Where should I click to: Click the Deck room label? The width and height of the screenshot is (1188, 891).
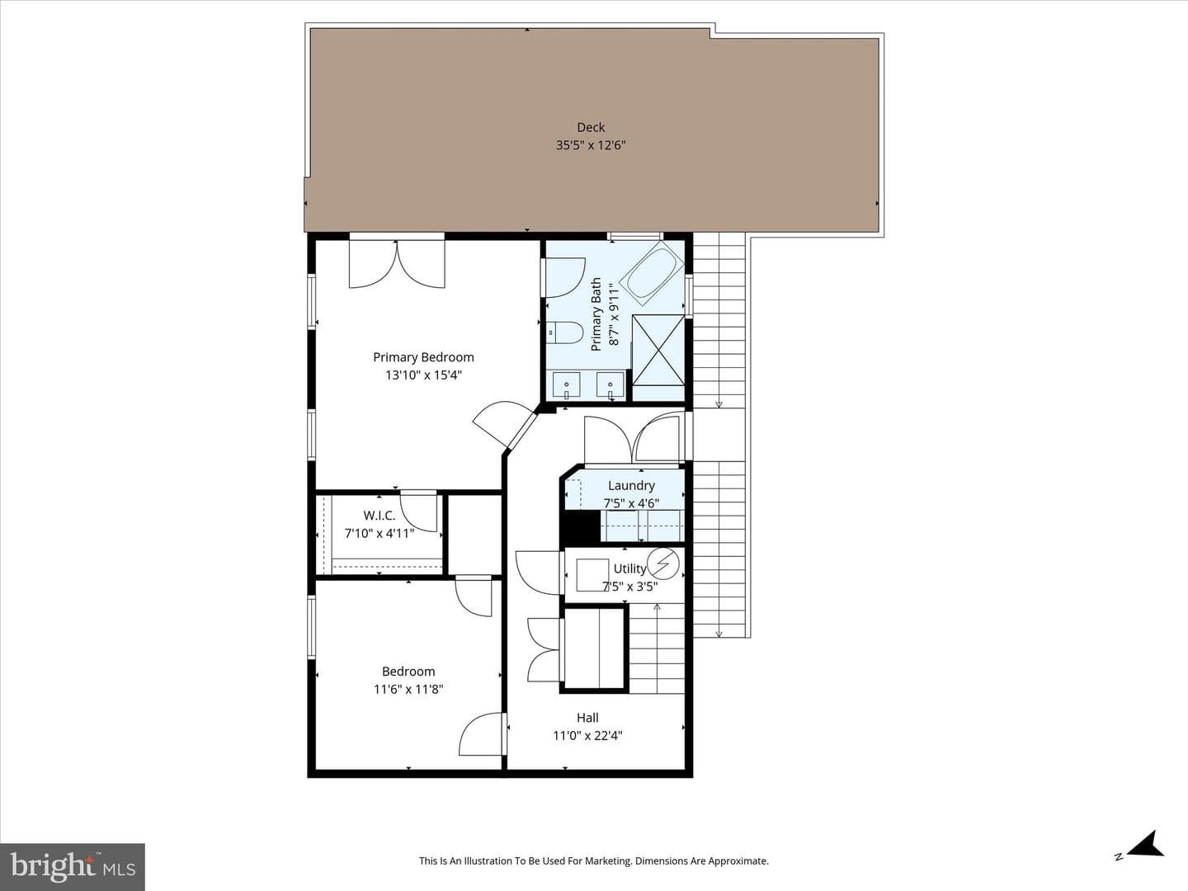pos(591,127)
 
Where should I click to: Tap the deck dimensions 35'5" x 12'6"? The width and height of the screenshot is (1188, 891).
pos(591,145)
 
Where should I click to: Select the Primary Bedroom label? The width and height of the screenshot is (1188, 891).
pos(423,357)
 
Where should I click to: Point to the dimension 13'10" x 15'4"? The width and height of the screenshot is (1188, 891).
pos(423,375)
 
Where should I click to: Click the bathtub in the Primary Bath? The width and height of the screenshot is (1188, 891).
pos(651,270)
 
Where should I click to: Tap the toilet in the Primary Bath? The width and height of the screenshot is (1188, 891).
pos(563,332)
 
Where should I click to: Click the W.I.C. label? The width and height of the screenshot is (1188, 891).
pos(379,515)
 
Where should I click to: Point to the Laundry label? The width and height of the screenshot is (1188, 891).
pos(631,485)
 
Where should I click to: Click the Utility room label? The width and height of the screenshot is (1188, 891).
pos(629,568)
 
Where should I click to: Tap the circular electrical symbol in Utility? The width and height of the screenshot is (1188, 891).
pos(663,563)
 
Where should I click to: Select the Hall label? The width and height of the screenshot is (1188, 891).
pos(587,718)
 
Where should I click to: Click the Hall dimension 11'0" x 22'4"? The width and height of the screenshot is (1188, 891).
pos(587,735)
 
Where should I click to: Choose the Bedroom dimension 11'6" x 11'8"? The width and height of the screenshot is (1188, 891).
pos(408,689)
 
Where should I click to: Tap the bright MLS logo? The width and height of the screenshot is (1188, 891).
pos(73,866)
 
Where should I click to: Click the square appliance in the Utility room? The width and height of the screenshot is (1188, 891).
pos(592,575)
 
